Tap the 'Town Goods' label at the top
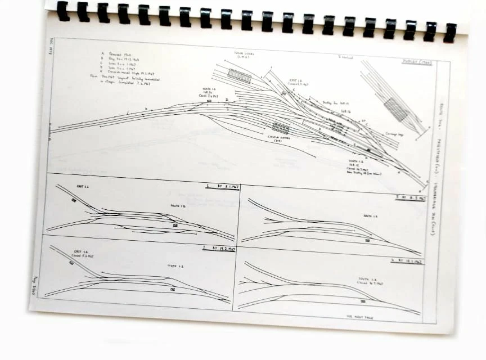(x=244, y=56)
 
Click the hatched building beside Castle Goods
(x=280, y=128)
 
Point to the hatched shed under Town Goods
(x=240, y=76)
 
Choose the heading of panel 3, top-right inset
(x=410, y=198)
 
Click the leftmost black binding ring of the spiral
(x=62, y=11)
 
